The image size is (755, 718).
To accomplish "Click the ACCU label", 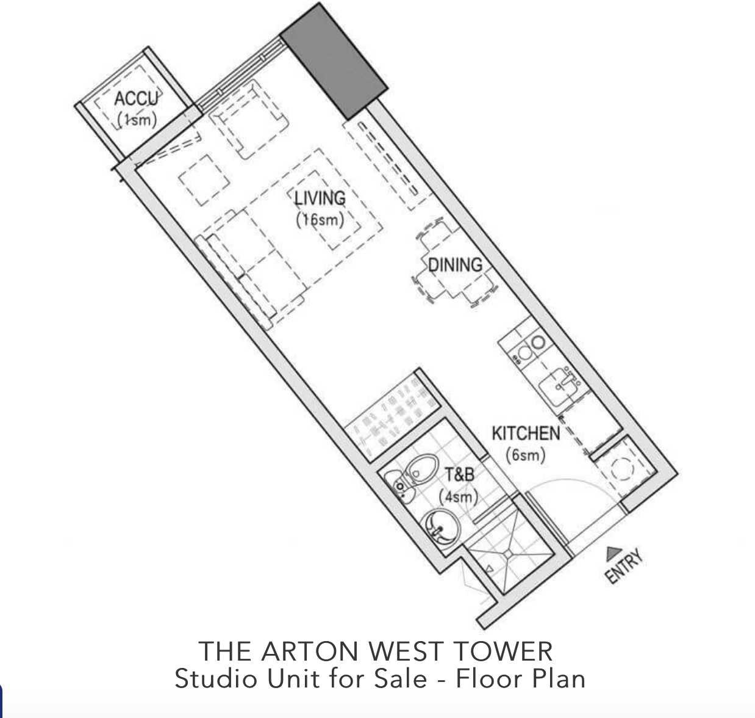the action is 137,98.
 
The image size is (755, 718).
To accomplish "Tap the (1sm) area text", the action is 137,120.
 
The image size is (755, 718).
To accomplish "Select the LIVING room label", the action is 320,198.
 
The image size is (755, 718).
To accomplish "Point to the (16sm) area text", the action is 320,220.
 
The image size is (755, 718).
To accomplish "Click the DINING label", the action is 455,265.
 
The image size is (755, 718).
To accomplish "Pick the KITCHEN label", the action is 526,433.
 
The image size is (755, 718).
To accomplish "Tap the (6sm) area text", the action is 525,455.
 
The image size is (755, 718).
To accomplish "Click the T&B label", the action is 460,474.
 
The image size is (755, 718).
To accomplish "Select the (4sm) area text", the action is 458,496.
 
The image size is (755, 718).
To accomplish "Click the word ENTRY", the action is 623,566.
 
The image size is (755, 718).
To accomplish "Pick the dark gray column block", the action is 334,62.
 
